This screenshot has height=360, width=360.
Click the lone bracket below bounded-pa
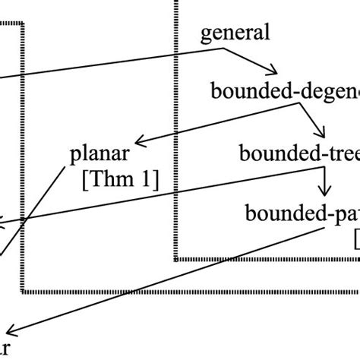(x=356, y=242)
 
